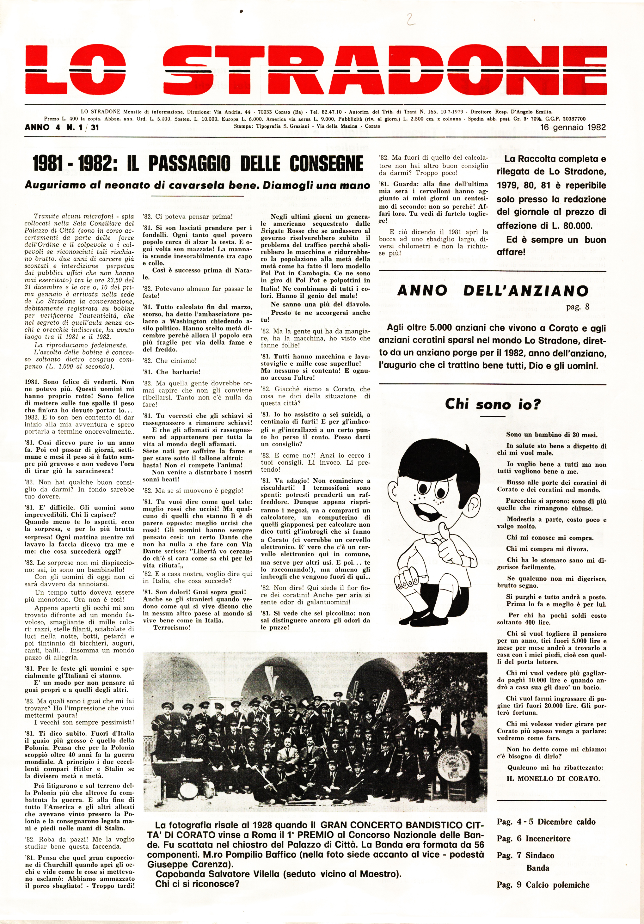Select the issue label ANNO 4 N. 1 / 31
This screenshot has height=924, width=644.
pos(62,128)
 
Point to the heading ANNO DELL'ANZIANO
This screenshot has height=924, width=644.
pos(493,291)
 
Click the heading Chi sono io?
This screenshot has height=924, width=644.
pos(493,404)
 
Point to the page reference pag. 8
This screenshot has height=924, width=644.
pos(578,307)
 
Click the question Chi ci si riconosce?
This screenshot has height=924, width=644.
pos(197,884)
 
